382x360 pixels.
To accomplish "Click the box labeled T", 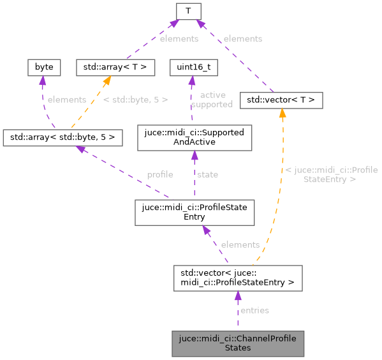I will tap(189, 11).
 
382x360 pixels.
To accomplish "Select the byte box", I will tap(44, 66).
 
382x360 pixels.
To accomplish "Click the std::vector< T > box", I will tap(281, 100).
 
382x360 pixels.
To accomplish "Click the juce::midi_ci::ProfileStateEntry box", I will tap(195, 212).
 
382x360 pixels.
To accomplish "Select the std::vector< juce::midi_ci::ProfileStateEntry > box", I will tap(237, 278).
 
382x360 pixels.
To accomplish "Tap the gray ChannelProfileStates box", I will tap(237, 343).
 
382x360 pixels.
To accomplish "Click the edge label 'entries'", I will tap(254, 310).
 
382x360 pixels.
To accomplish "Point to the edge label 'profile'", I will tap(160, 174).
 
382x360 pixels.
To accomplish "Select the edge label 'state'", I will tap(207, 174).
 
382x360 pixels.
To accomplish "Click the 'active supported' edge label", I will tap(212, 100).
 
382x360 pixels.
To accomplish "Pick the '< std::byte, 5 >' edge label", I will tap(135, 100).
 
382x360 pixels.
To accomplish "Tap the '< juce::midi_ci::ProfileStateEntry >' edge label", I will tap(331, 174).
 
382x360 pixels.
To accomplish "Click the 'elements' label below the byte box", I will tap(66, 100).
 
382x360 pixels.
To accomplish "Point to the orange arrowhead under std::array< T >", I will tap(108, 80).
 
